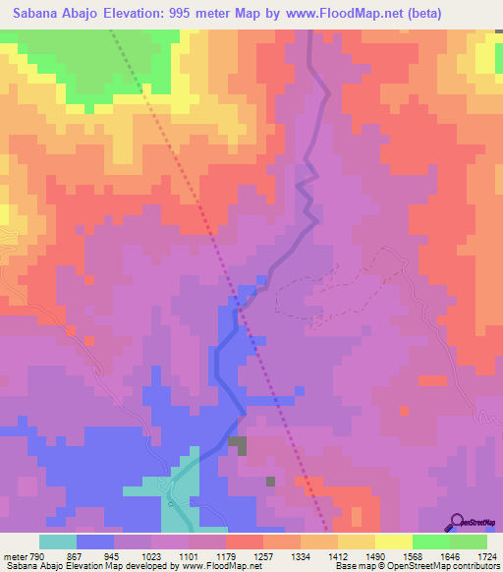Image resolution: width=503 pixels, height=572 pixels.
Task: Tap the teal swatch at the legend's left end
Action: [x=58, y=543]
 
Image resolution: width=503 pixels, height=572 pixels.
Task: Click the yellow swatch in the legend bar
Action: [x=394, y=543]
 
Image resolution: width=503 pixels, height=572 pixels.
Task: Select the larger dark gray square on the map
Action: [x=238, y=444]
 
